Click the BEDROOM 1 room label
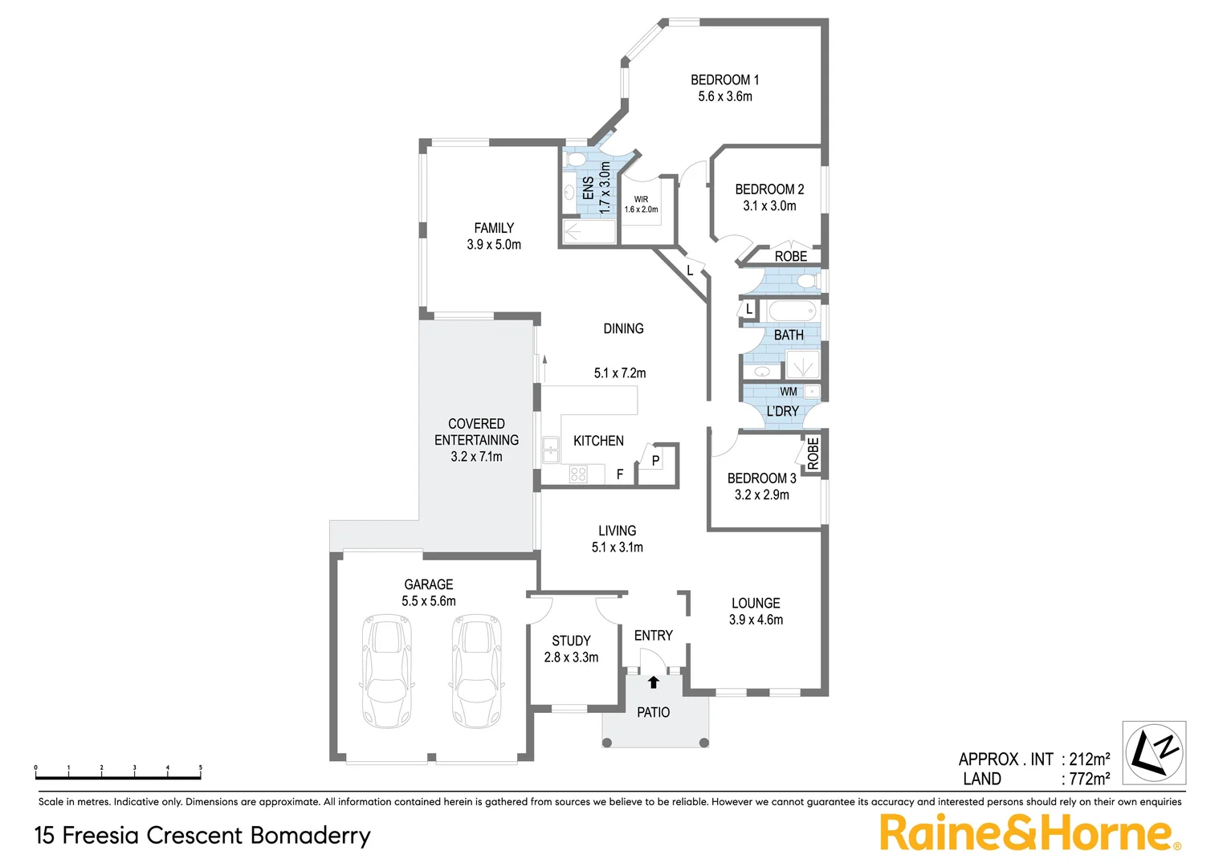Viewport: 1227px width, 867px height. coord(724,79)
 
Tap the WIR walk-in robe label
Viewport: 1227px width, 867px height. coord(641,199)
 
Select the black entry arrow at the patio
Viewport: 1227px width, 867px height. coord(654,682)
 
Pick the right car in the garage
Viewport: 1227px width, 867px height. coord(478,670)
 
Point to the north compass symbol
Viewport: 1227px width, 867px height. coord(1154,753)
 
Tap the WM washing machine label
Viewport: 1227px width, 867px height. coord(789,392)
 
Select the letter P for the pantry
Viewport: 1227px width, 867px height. coord(656,461)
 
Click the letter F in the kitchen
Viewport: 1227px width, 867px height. coord(620,474)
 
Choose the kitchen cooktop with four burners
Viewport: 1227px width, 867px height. coord(578,474)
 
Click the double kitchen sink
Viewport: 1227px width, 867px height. coord(551,450)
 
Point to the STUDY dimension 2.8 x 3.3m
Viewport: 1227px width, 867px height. coord(571,657)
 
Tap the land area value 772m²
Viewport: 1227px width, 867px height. coord(1089,779)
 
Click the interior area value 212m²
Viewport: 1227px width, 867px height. coord(1089,759)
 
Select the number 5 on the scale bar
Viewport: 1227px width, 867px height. coord(200,768)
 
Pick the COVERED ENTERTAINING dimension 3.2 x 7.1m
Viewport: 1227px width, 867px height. coord(476,457)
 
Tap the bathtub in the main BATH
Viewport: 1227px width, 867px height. coord(792,311)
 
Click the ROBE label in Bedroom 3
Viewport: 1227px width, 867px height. coord(813,454)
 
